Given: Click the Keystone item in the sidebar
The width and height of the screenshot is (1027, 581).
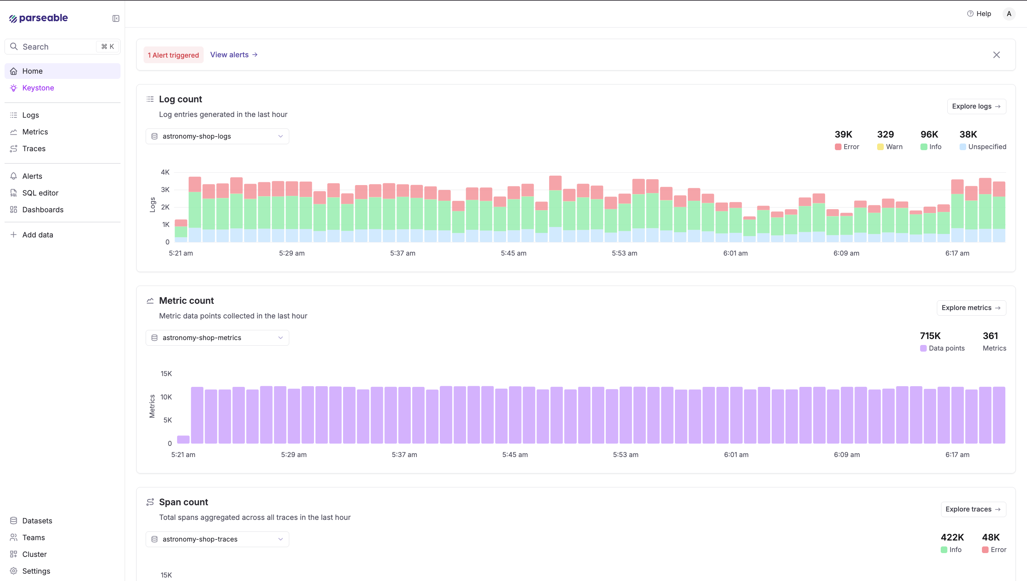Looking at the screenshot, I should tap(38, 88).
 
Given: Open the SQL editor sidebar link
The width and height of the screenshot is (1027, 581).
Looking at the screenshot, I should tap(40, 193).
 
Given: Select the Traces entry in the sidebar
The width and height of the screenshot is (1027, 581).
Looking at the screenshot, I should tap(34, 148).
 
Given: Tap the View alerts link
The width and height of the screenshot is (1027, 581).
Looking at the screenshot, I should tap(233, 55).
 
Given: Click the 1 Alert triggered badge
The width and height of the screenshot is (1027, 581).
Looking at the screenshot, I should tap(173, 55).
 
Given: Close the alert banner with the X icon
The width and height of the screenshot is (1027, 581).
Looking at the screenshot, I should tap(996, 55).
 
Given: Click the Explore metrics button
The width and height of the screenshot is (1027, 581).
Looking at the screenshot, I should tap(971, 308).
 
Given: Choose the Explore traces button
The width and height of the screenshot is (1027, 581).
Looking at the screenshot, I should tap(973, 509).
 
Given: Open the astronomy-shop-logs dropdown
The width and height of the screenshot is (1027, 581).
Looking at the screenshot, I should tap(217, 137).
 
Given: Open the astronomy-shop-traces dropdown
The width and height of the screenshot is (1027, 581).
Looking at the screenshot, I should tap(217, 539).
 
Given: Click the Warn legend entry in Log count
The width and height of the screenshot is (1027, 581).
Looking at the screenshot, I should tap(890, 147).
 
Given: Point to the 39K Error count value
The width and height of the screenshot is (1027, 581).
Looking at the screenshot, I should tap(843, 134).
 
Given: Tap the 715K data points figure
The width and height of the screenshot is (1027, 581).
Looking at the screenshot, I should tap(930, 336).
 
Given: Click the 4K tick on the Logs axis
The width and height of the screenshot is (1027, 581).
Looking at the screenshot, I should tap(165, 172).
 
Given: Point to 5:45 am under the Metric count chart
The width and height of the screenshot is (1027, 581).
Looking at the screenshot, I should tap(515, 455).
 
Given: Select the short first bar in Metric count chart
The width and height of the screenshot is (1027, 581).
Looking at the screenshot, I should tap(183, 439).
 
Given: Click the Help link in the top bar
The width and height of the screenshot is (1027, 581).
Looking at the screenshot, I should tap(979, 14).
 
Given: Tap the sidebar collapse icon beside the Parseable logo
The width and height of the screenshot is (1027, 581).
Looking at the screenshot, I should tap(116, 19).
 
